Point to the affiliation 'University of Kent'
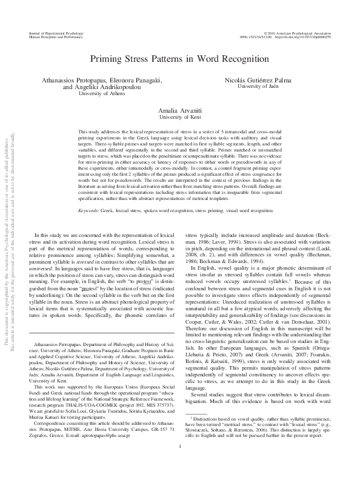(x=179, y=121)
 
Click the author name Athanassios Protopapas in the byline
(x=72, y=81)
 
